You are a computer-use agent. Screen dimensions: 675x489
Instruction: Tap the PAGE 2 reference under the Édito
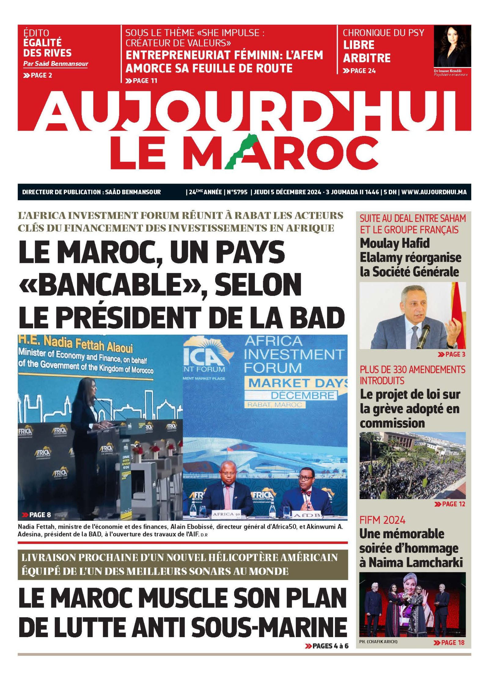[x=38, y=75]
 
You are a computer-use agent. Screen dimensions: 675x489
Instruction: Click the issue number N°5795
[x=237, y=192]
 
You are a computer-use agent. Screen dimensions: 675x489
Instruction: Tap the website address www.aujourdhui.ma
[x=434, y=192]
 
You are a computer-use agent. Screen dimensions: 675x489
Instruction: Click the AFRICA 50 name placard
[x=227, y=514]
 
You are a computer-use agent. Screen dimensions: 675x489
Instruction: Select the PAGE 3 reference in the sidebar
[x=454, y=354]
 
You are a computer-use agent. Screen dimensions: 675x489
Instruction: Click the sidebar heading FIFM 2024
[x=382, y=520]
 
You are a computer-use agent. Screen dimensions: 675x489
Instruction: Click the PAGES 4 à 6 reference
[x=327, y=646]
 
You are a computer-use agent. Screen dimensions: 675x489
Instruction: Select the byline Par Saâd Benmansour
[x=56, y=64]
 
